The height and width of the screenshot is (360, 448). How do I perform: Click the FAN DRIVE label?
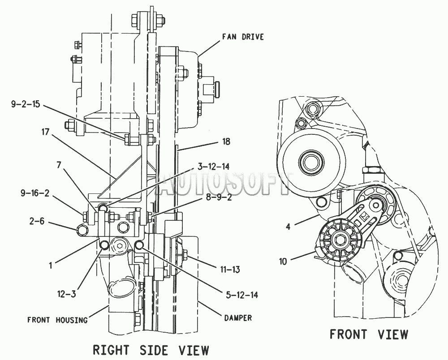pyautogui.click(x=243, y=37)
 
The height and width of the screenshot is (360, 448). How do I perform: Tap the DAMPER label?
pyautogui.click(x=238, y=318)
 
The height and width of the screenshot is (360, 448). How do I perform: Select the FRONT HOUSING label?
pyautogui.click(x=57, y=320)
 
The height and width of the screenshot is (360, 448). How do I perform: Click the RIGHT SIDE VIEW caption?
pyautogui.click(x=151, y=350)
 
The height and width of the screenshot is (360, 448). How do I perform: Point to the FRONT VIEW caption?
pyautogui.click(x=369, y=334)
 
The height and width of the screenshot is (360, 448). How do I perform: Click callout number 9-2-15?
pyautogui.click(x=26, y=104)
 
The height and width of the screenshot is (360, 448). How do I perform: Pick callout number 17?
pyautogui.click(x=45, y=132)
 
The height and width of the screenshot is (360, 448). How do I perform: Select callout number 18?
pyautogui.click(x=226, y=141)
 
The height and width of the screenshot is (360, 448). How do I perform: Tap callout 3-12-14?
pyautogui.click(x=213, y=166)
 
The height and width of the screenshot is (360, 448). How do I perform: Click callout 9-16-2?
pyautogui.click(x=35, y=193)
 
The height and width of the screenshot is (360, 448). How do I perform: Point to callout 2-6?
pyautogui.click(x=36, y=221)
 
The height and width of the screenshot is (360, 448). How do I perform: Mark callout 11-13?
pyautogui.click(x=230, y=269)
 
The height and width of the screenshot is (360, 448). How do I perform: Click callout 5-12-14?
pyautogui.click(x=242, y=295)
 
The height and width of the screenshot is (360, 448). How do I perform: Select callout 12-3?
pyautogui.click(x=66, y=294)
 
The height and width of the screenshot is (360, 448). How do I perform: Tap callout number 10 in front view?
pyautogui.click(x=283, y=261)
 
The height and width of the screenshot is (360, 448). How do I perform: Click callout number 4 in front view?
pyautogui.click(x=288, y=227)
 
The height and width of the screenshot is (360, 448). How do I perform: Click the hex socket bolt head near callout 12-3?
pyautogui.click(x=120, y=246)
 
